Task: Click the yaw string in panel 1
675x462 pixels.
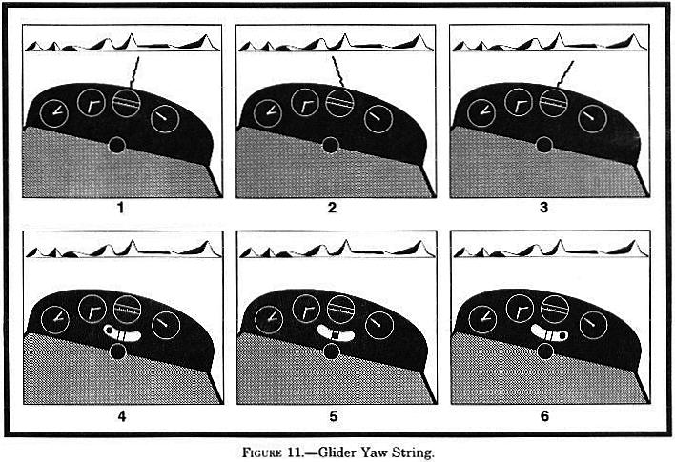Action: pos(134,71)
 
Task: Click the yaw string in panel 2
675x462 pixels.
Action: pos(338,71)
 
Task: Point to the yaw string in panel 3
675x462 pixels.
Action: pos(564,73)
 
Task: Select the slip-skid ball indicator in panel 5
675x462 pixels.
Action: pos(336,333)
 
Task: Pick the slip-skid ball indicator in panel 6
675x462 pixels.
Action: pos(549,332)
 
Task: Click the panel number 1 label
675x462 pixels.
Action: pos(120,208)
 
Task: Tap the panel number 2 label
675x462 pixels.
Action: pos(332,208)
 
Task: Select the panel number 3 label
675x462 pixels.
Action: pos(544,208)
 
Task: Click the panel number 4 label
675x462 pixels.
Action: pos(122,416)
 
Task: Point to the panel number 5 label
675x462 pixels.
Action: pos(334,416)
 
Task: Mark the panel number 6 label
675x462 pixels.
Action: pos(545,416)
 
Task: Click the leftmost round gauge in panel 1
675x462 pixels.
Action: pos(54,113)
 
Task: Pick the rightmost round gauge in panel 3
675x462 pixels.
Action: pos(592,118)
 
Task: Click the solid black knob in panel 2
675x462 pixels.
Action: pos(331,146)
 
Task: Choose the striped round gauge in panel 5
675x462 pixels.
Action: pos(341,310)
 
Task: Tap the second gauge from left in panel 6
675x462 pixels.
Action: pos(520,309)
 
